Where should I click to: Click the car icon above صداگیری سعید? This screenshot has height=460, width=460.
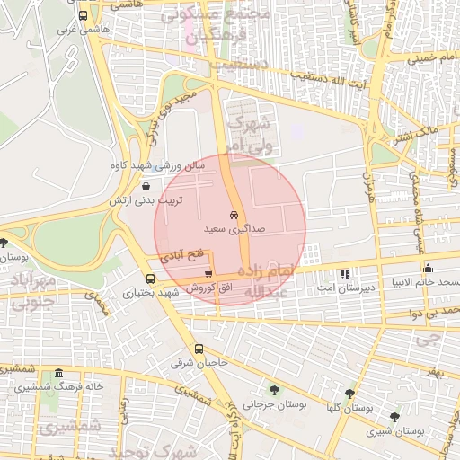pos(234,216)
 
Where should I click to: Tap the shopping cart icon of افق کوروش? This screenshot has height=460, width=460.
pos(208,274)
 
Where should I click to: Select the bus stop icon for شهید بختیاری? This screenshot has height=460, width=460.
pos(149,278)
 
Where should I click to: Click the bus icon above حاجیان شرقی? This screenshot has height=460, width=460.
pos(199,349)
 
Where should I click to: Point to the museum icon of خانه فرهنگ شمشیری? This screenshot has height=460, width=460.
pos(59,374)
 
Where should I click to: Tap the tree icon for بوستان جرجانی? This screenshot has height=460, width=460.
pos(274,391)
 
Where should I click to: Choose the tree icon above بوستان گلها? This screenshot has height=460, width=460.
pos(349,394)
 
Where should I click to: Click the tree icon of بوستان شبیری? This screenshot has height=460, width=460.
pos(394,416)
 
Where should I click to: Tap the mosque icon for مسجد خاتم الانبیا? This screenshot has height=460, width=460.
pos(428,268)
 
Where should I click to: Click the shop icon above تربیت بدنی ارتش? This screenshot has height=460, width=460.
pos(146,186)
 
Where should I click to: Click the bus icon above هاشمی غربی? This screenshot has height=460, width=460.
pos(84,15)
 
